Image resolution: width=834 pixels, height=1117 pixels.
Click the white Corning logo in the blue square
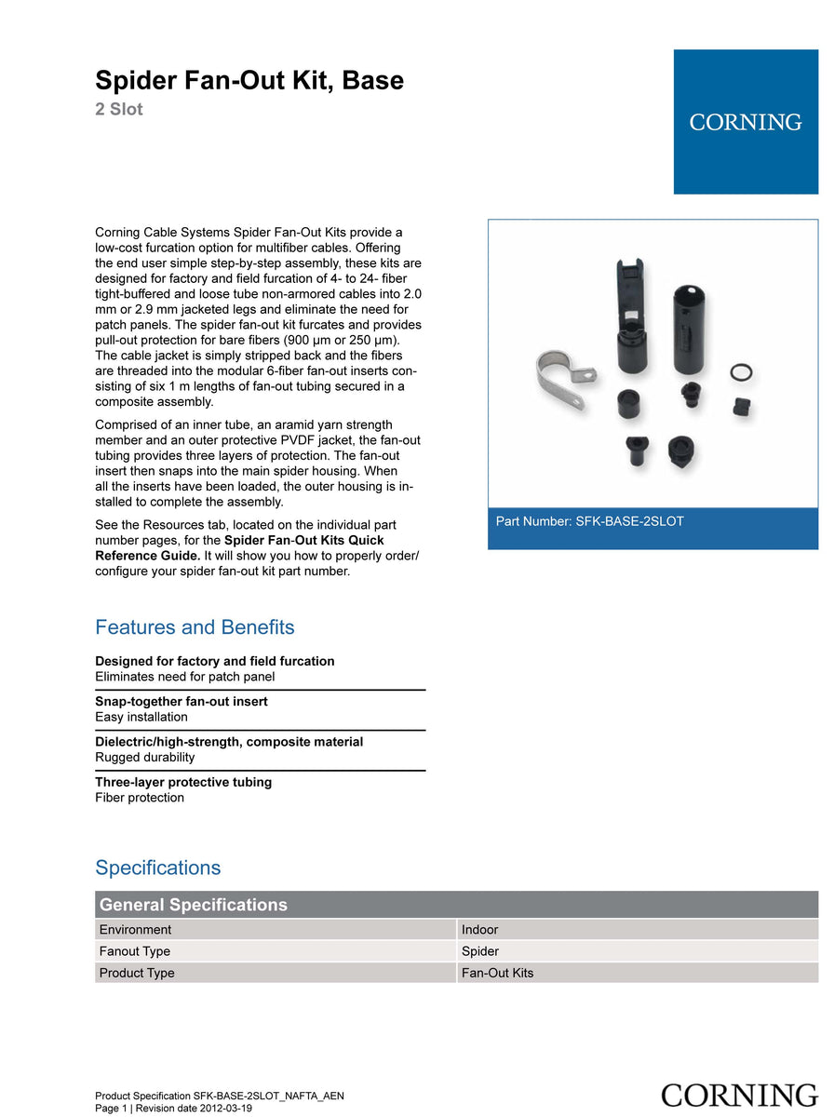coord(746,122)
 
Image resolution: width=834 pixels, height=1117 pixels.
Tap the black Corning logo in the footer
coord(739,1096)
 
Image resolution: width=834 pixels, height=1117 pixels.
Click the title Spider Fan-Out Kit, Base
coord(249,81)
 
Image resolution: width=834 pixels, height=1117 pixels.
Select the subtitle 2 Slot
coord(119,110)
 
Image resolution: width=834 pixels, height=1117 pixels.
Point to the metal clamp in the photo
coord(558,376)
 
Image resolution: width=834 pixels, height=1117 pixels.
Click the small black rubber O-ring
coord(742,372)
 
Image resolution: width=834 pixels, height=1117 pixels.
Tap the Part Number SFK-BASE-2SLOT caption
coord(589,521)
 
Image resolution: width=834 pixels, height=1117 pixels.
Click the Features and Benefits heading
coord(195,627)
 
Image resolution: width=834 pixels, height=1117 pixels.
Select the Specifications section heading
coord(158,868)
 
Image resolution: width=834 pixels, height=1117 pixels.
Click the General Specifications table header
coord(194,905)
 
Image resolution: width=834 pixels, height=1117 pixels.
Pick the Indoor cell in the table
coord(480,930)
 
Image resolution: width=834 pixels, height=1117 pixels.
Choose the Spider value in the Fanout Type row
coord(480,951)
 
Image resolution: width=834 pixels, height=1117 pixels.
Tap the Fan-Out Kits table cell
coord(498,974)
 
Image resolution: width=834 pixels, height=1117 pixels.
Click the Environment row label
coord(135,930)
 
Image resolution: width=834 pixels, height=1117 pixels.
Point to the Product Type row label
coord(137,974)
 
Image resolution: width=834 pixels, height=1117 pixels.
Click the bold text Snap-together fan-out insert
coord(182,702)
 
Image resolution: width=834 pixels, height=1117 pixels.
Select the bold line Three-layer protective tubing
coord(183,782)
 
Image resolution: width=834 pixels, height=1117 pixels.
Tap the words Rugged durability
coord(145,758)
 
